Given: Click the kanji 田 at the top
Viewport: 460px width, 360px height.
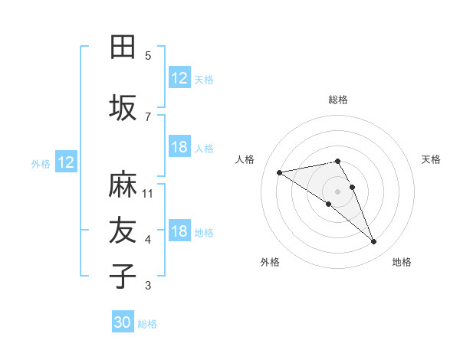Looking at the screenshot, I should coord(123,47).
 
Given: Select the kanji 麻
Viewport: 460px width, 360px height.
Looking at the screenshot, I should coord(123,185).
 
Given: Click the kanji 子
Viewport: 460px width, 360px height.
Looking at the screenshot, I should coord(123,277).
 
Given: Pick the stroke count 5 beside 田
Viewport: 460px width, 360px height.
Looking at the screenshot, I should coord(148,56).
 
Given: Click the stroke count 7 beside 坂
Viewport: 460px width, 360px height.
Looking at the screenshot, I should coord(148,117).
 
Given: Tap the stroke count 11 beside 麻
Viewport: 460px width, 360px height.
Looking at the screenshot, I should coord(148,194).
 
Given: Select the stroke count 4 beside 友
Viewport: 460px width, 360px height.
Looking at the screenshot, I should coord(148,241).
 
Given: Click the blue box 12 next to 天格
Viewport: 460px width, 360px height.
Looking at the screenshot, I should coord(179,78).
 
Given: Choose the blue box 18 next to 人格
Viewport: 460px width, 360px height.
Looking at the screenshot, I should coord(179,147).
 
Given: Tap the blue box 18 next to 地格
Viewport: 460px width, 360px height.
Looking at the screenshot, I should coord(179,232).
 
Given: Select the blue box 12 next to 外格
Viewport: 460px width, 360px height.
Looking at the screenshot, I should coord(66,162).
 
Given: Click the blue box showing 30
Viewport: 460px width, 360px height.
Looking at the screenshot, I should coord(123,322).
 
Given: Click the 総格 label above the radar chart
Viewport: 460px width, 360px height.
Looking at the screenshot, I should coord(338,100).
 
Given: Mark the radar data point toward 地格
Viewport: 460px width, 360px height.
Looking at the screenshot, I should coord(374,242).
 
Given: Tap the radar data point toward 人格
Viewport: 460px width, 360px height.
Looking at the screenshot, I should coord(279,172).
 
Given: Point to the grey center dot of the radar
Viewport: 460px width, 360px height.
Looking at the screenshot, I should coord(337,191).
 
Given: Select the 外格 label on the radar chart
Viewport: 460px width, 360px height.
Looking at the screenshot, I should coord(270,262).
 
